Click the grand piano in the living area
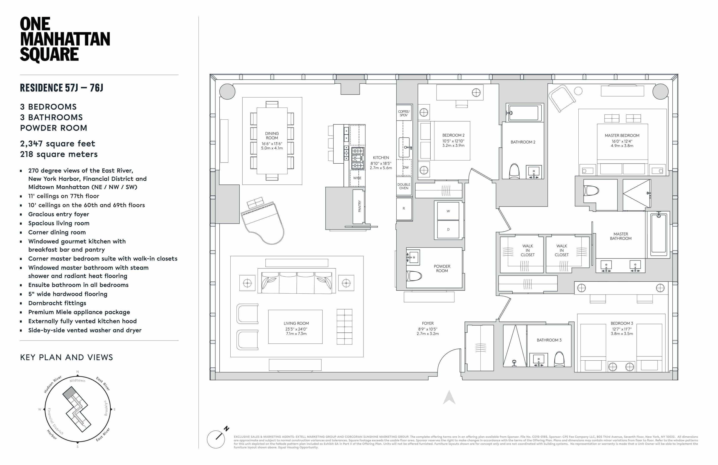263,222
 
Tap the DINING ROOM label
272,136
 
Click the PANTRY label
359,206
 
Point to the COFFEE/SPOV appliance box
404,113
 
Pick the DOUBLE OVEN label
404,186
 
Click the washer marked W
448,211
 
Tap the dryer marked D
448,229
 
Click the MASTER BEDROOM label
622,136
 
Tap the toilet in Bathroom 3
559,358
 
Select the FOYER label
427,323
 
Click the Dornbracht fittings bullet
57,303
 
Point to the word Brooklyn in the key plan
106,408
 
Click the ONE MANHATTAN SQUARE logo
65,39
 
